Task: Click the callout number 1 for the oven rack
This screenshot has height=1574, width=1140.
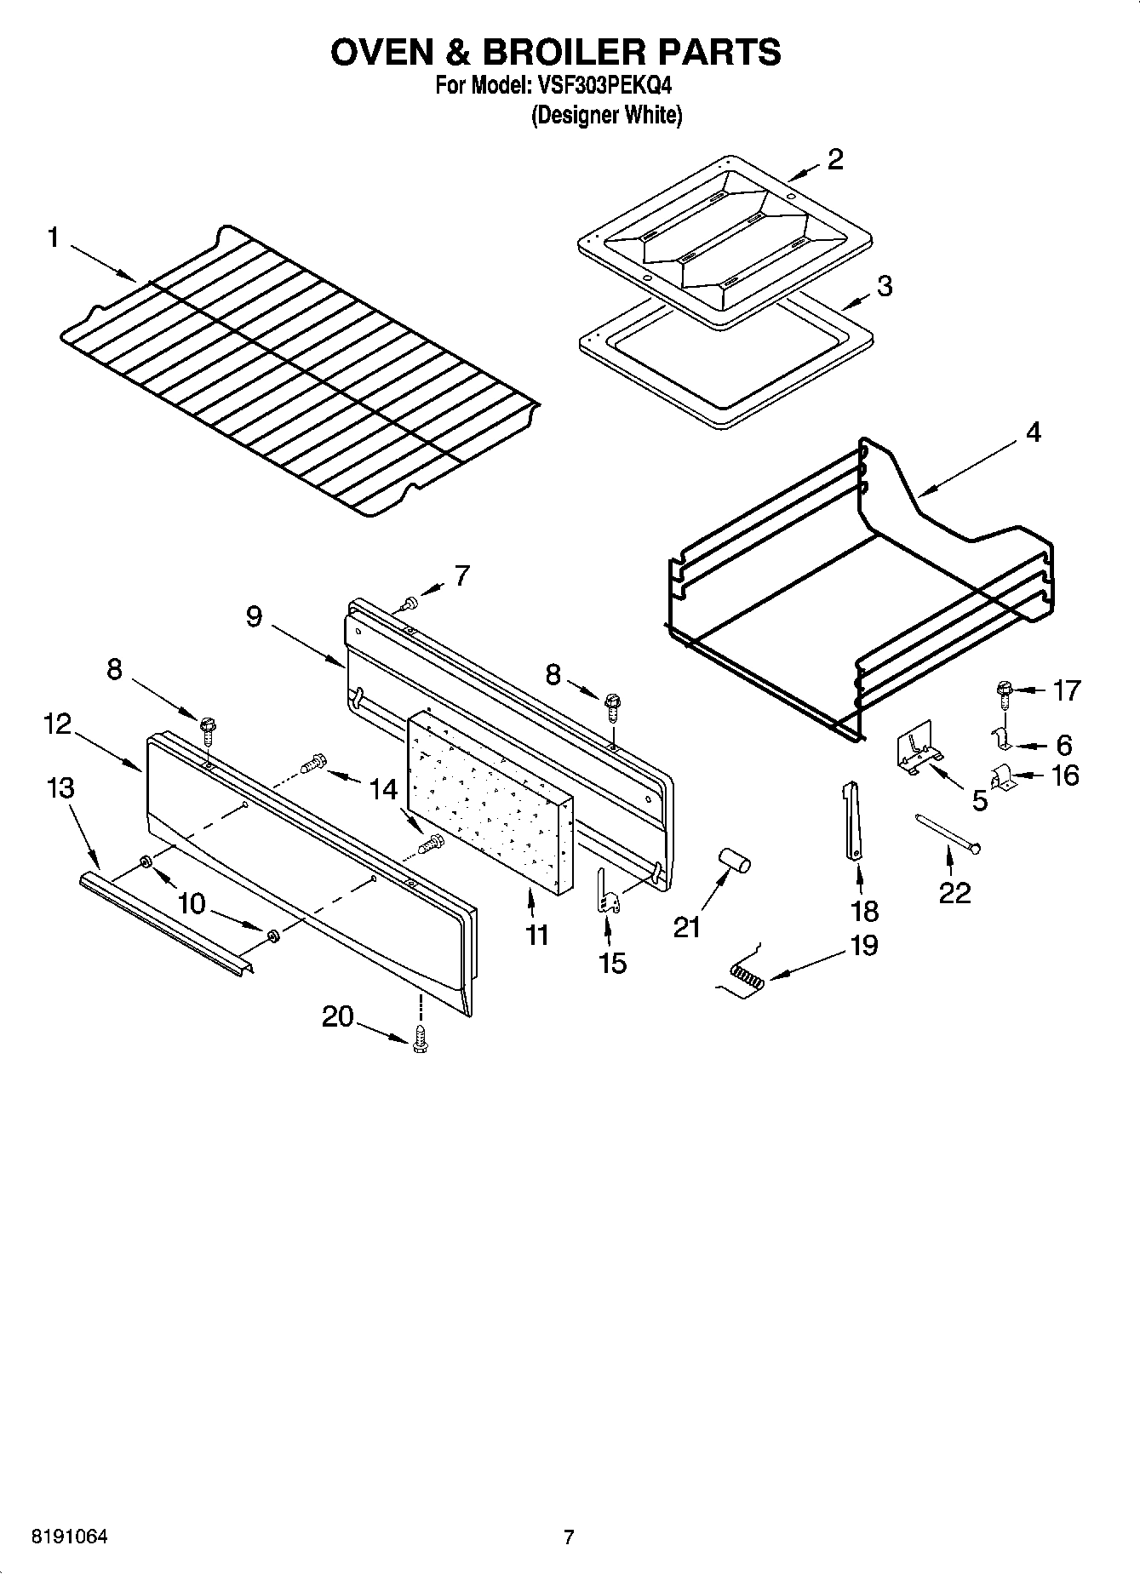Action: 53,238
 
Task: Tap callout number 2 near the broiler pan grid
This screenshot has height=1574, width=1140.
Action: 834,159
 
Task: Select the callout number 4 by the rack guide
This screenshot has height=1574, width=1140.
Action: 1033,432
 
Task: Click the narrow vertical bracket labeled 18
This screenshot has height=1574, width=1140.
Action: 852,821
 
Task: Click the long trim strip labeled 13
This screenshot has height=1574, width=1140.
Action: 162,924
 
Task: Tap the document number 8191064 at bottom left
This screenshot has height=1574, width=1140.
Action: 70,1537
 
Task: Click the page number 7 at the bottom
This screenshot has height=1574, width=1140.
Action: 569,1537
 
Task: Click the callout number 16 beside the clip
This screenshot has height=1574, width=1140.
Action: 1064,776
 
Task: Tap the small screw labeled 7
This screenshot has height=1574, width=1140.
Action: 410,603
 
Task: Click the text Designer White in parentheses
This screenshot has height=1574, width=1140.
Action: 606,115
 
